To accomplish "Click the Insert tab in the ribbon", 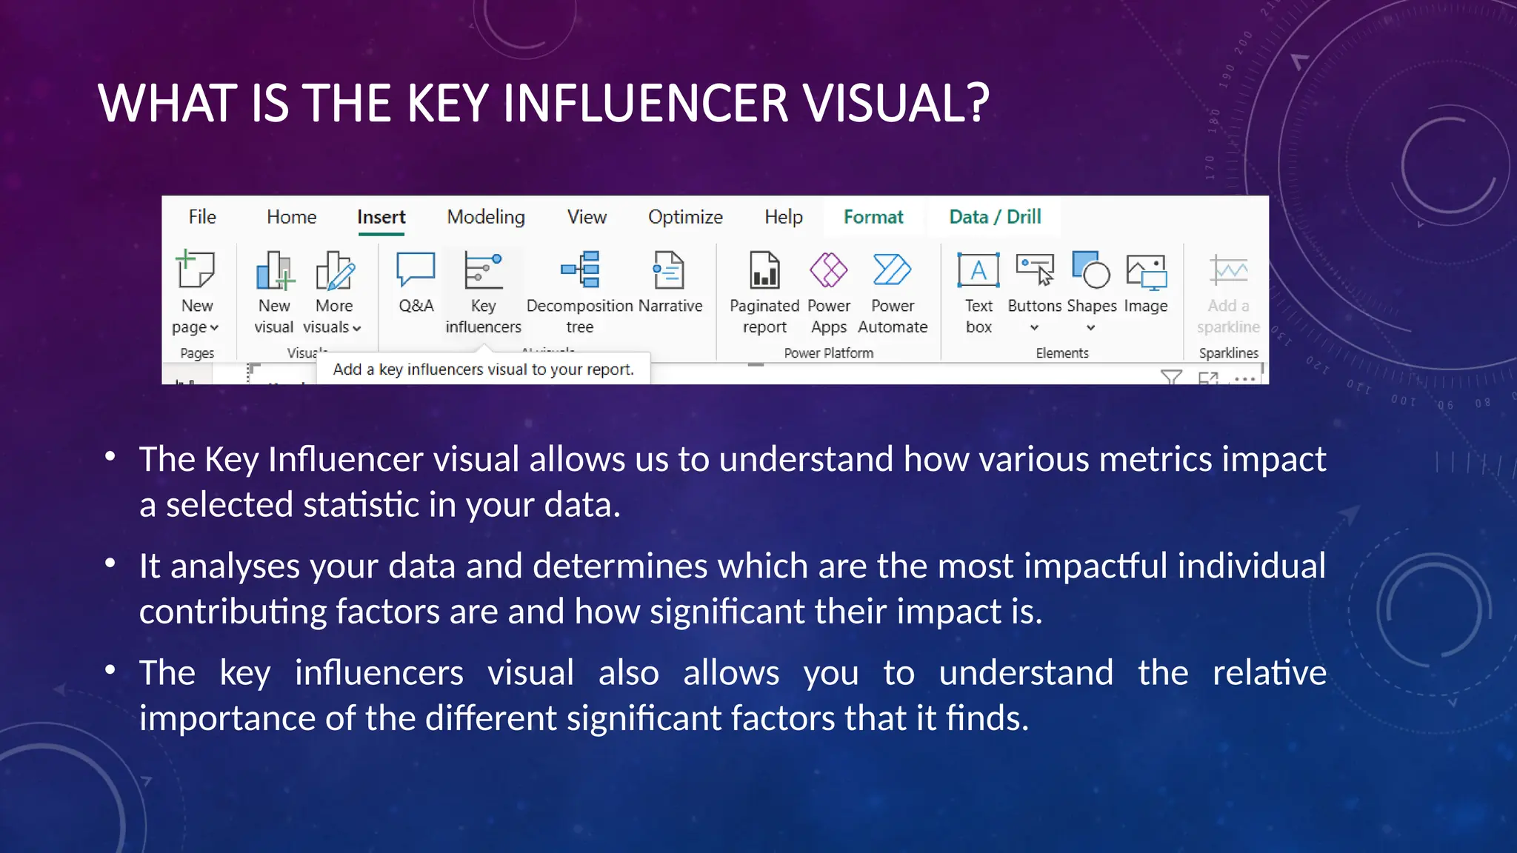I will click(381, 217).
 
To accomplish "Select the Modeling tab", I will click(486, 217).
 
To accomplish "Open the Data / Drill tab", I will click(995, 217).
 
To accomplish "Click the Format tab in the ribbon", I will click(873, 217).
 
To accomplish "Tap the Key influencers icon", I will click(483, 270).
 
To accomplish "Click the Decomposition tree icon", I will click(581, 270).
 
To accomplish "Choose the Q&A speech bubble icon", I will click(416, 269).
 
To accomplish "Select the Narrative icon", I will click(669, 270).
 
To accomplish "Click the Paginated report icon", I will click(764, 270).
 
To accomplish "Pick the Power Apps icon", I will click(828, 270).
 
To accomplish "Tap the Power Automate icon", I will click(892, 270).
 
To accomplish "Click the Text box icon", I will click(978, 270).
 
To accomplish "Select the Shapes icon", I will click(1090, 270).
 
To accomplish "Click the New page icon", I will click(196, 270).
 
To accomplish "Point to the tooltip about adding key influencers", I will click(483, 369).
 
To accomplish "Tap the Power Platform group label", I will click(828, 353).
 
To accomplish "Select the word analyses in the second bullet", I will click(236, 566).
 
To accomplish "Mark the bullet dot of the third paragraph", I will click(110, 670).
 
